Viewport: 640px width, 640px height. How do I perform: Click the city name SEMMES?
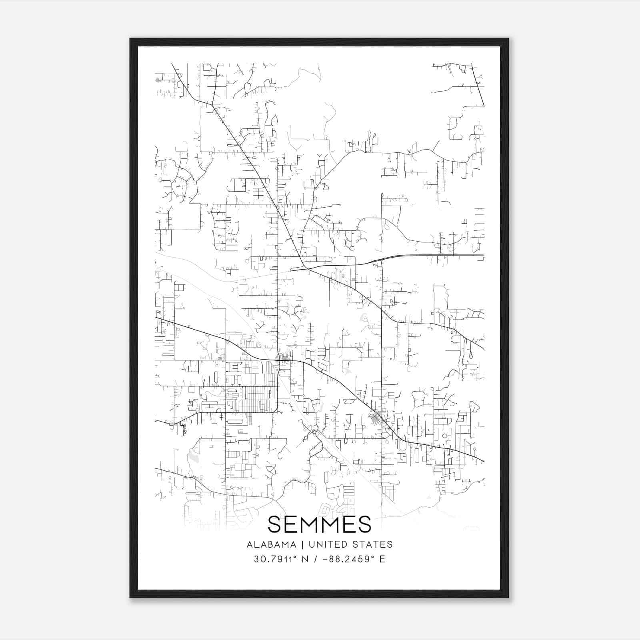tap(319, 524)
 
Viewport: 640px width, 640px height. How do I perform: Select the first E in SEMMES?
tap(291, 524)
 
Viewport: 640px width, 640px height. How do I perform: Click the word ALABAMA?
tap(272, 544)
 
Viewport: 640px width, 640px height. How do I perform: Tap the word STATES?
tap(373, 544)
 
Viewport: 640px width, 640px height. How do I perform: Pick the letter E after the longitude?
tap(382, 559)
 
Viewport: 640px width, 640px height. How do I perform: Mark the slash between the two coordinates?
tap(316, 559)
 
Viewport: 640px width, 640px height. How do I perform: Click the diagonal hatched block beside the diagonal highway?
tap(375, 420)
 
